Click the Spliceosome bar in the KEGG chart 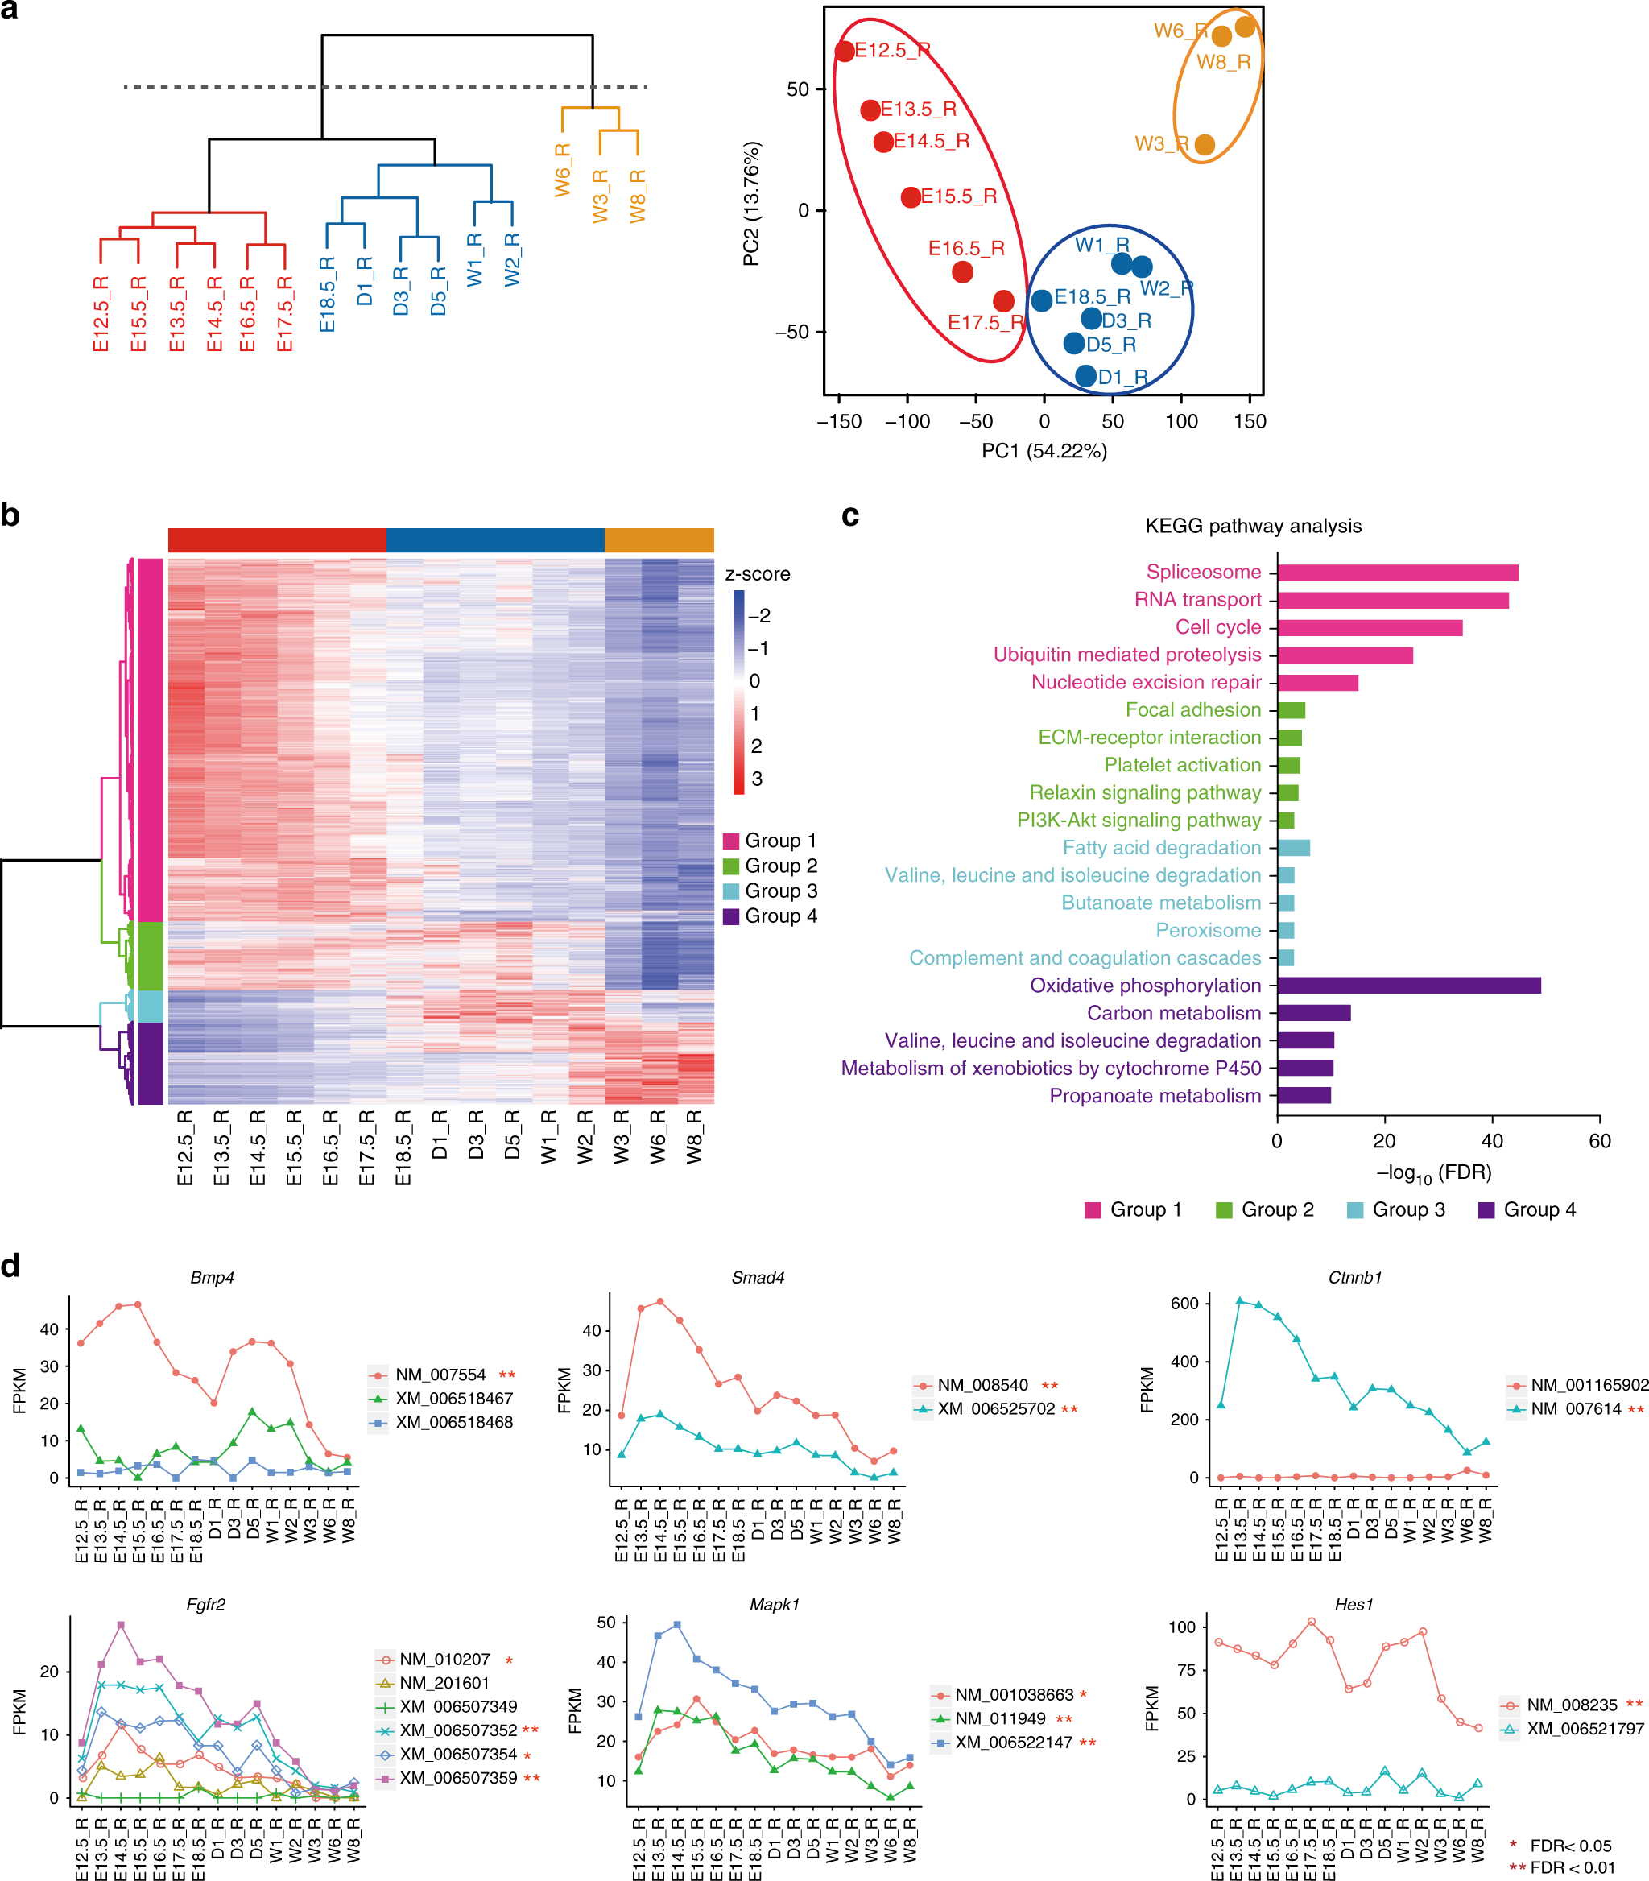[1397, 573]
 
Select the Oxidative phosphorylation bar [1408, 986]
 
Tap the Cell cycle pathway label [1217, 627]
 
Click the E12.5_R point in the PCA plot [844, 52]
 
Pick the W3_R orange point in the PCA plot [1204, 144]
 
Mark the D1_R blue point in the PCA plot [1086, 375]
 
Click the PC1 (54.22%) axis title [1044, 451]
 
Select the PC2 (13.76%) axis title [752, 204]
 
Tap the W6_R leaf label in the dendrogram [562, 169]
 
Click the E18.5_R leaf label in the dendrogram [328, 295]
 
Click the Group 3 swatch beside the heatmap [732, 891]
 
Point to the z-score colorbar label [758, 574]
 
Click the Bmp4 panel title [212, 1277]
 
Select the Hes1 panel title [1354, 1604]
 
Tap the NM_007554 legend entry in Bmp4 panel [440, 1375]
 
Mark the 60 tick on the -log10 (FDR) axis [1599, 1141]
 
